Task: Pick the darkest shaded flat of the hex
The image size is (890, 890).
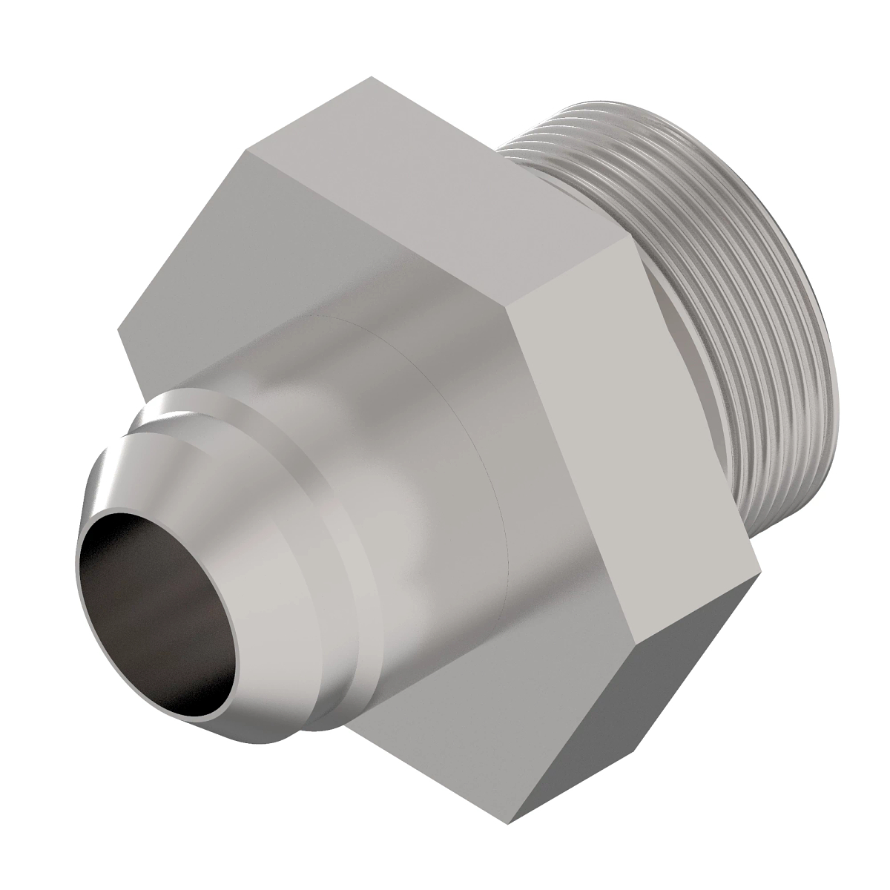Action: (x=653, y=690)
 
